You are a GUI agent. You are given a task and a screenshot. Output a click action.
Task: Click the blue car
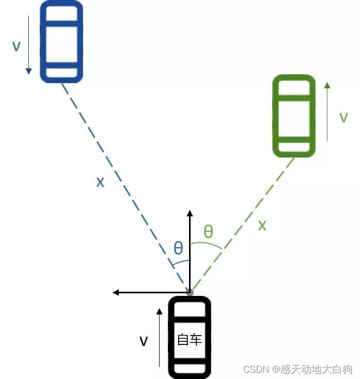coord(61,41)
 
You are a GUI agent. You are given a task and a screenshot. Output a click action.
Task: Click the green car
coord(294,116)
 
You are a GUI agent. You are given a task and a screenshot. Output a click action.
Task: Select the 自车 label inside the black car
coord(190,339)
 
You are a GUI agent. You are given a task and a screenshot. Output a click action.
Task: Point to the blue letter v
coord(17,46)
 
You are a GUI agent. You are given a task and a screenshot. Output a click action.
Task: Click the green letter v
coord(343,118)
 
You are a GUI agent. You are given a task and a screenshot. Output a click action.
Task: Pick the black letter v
coord(144,341)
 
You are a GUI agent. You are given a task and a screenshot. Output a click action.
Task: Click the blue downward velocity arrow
coord(29,44)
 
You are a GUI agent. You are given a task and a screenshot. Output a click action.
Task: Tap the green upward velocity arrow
coord(327,110)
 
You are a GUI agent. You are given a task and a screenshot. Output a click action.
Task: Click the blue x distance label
coord(100,181)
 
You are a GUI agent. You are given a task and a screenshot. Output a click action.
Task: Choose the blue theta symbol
coord(178,248)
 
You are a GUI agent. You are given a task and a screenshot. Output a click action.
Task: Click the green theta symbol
coord(208,231)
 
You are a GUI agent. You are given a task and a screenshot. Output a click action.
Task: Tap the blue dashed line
coord(124,186)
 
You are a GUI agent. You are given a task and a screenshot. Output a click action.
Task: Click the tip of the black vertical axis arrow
coord(190,212)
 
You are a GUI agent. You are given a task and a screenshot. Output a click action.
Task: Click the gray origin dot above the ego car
coord(190,292)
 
